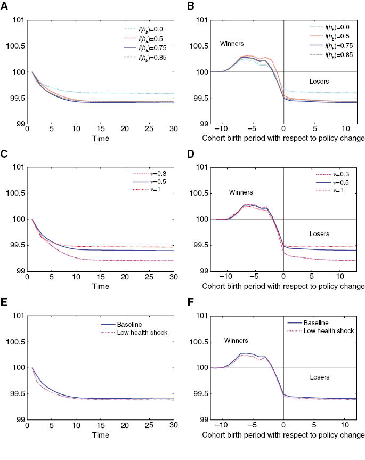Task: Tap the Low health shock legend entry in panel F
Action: coord(327,331)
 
